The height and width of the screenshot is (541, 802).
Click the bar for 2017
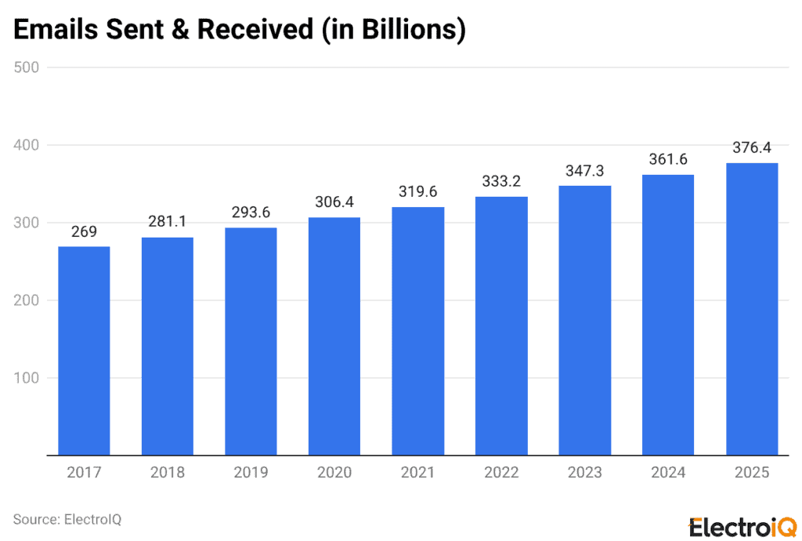click(84, 350)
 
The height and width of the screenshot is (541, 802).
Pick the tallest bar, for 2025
click(752, 309)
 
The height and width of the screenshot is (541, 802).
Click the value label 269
click(84, 232)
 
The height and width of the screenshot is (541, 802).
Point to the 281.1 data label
click(168, 223)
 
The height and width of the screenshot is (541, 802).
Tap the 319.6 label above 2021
click(418, 193)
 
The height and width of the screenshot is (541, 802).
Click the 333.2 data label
click(501, 182)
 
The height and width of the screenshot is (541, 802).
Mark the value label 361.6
click(668, 160)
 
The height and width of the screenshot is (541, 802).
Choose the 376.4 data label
click(752, 148)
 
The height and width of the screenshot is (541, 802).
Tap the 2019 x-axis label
click(251, 473)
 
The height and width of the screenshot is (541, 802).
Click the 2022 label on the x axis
click(501, 473)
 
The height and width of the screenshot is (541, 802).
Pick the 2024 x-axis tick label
click(668, 473)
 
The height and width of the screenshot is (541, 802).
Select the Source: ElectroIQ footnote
click(67, 519)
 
